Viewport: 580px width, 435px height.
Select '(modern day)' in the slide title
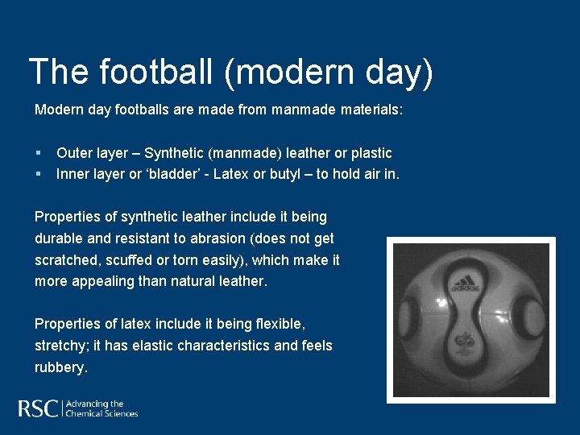(x=329, y=72)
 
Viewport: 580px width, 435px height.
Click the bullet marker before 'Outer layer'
(x=38, y=153)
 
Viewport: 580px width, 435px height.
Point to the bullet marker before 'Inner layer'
(x=38, y=174)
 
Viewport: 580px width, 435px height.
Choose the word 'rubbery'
(x=59, y=367)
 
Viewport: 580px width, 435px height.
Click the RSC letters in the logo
(x=38, y=408)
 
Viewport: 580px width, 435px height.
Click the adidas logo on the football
(x=466, y=283)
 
